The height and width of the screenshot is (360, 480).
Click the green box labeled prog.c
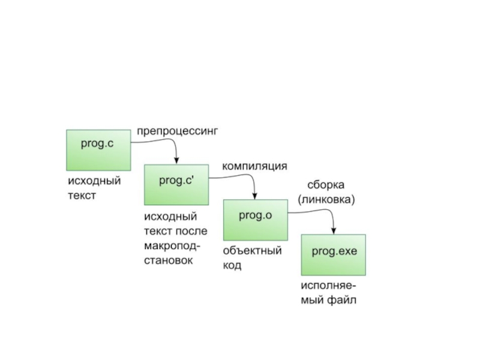tap(98, 149)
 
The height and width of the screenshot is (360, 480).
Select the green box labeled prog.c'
tap(176, 185)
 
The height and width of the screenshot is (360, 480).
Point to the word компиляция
tap(254, 166)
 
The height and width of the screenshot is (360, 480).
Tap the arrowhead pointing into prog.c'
tap(176, 160)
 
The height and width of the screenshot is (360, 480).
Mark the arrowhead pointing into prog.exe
tap(334, 230)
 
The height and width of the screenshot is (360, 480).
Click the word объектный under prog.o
tap(252, 251)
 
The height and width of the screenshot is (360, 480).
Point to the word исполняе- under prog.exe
tap(328, 286)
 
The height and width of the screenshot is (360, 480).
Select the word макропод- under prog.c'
tap(172, 245)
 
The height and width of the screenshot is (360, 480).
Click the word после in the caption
tap(191, 231)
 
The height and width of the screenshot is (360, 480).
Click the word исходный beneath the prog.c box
tap(94, 181)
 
